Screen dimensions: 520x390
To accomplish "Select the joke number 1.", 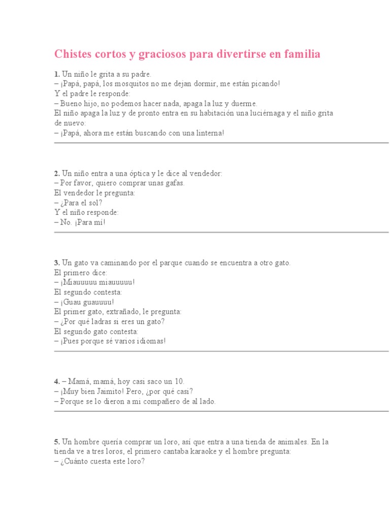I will [x=56, y=74].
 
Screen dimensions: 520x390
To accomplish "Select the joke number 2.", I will [x=56, y=173].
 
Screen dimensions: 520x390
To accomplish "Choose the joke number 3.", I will [x=56, y=263].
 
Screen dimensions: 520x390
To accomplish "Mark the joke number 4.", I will [x=56, y=381].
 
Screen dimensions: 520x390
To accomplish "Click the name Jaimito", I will [x=120, y=391].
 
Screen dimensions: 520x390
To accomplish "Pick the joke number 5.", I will [x=56, y=442].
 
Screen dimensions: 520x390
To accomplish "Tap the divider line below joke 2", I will [x=221, y=233].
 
